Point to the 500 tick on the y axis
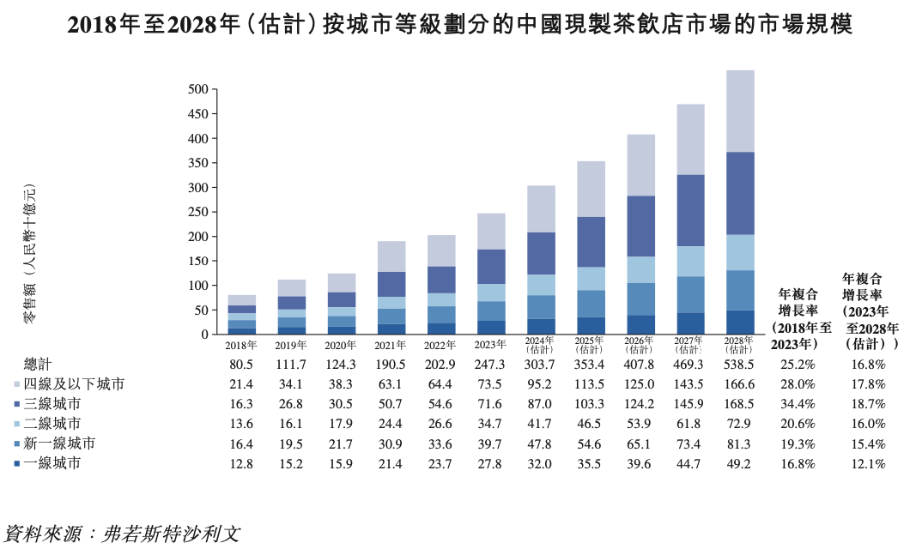pyautogui.click(x=197, y=89)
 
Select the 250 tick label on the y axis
pyautogui.click(x=197, y=212)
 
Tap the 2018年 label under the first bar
pyautogui.click(x=241, y=345)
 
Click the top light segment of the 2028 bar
pyautogui.click(x=739, y=111)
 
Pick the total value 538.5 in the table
pyautogui.click(x=739, y=365)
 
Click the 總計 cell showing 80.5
pyautogui.click(x=241, y=365)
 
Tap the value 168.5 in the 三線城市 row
pyautogui.click(x=739, y=403)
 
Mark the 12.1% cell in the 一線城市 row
pyautogui.click(x=868, y=464)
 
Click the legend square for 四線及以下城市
pyautogui.click(x=17, y=384)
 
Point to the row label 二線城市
pyautogui.click(x=52, y=424)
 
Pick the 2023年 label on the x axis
pyautogui.click(x=490, y=345)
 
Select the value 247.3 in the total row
pyautogui.click(x=490, y=365)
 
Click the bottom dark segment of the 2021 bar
pyautogui.click(x=391, y=329)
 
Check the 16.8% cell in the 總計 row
pyautogui.click(x=868, y=365)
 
